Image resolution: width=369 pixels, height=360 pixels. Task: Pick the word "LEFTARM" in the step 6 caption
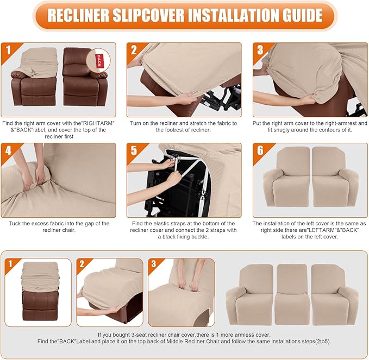pos(330,231)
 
